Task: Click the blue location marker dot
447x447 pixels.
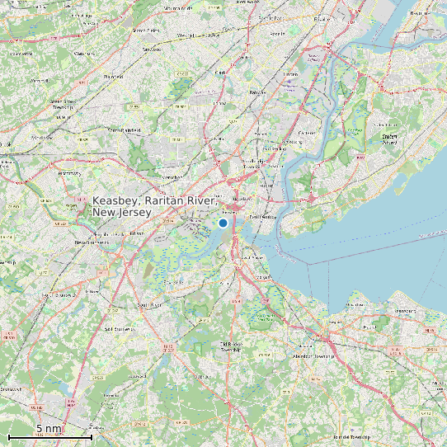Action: [223, 223]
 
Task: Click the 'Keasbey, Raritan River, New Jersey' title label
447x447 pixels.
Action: [154, 207]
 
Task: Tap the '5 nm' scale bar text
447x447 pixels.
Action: [49, 428]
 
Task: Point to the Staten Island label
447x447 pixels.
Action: [390, 138]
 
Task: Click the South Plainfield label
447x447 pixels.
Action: [125, 129]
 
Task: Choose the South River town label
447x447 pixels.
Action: [148, 305]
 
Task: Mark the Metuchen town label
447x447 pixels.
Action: [172, 176]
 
